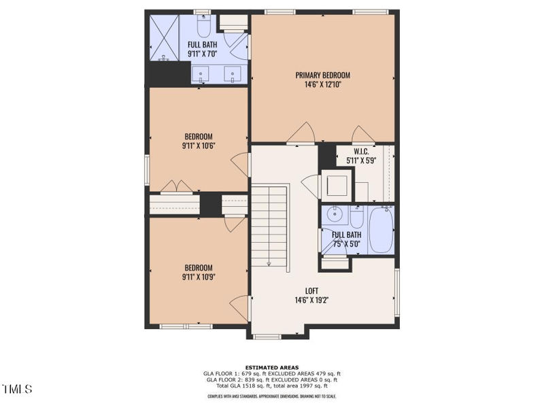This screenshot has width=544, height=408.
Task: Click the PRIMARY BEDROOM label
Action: coord(322,75)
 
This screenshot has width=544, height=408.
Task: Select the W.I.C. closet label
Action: coord(361,152)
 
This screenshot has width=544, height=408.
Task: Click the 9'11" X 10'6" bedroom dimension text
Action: coord(198,146)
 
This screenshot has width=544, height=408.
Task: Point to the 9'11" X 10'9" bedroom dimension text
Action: coord(198,277)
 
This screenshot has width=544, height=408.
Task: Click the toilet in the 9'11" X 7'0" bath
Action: coord(203,27)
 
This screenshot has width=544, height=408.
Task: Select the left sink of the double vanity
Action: coord(201,74)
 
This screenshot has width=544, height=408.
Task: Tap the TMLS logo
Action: coord(18,389)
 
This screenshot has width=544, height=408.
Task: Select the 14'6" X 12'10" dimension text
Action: coord(322,85)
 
